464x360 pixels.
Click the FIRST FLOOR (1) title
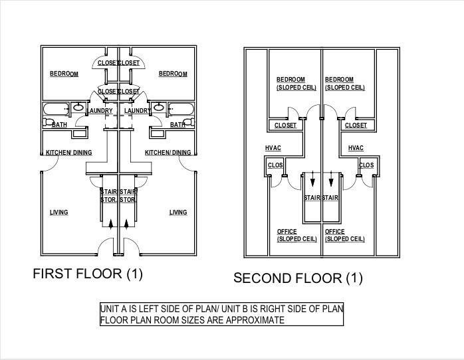point(88,273)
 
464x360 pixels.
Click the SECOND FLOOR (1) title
point(298,278)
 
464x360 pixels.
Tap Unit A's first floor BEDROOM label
point(64,74)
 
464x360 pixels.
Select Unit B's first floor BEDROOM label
point(173,74)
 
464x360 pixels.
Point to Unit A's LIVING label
point(58,213)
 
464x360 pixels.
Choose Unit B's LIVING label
point(177,213)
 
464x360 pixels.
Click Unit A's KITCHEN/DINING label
point(68,153)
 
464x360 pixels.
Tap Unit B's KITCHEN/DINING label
point(168,153)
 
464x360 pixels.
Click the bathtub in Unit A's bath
point(55,109)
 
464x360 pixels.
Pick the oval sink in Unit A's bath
point(78,107)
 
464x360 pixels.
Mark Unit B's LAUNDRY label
point(137,111)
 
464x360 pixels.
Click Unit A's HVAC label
point(273,148)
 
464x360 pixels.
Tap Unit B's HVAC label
point(356,148)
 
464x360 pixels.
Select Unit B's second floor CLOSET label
point(356,126)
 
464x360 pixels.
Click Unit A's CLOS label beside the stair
point(275,165)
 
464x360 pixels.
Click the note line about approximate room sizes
point(192,320)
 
